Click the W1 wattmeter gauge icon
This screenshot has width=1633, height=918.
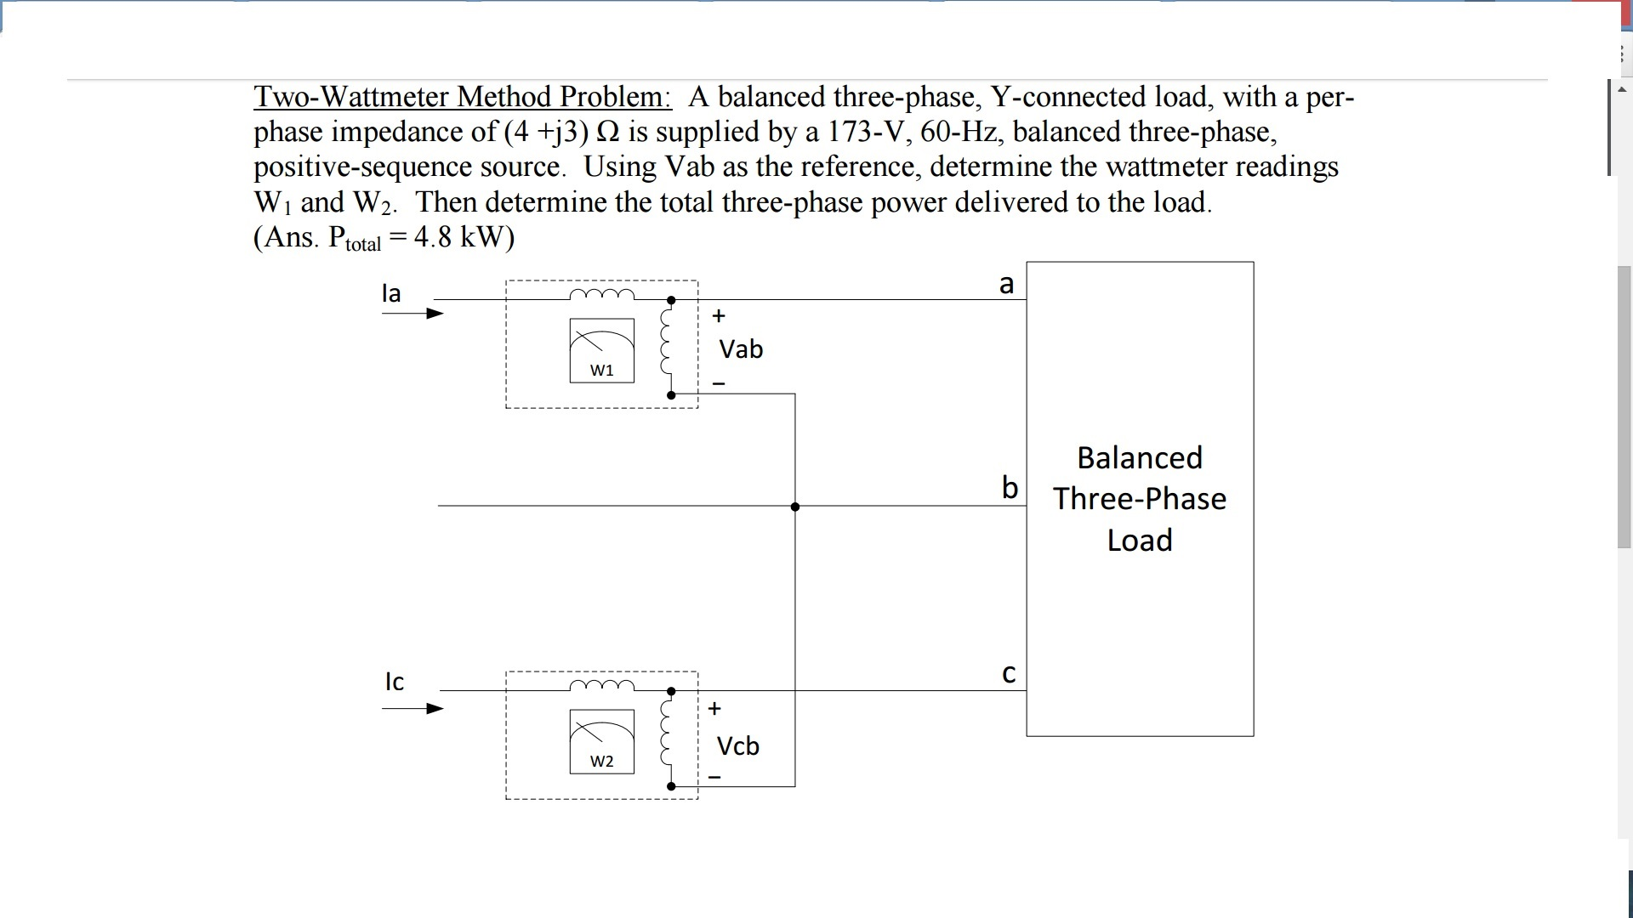point(601,349)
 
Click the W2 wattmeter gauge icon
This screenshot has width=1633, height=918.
point(601,740)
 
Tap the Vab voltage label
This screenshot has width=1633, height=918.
point(741,349)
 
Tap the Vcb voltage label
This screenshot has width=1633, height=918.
point(737,746)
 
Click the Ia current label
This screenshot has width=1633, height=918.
point(391,293)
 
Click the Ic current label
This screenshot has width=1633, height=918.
point(394,682)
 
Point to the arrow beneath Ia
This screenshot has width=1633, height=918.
point(413,314)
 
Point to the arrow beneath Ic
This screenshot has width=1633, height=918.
point(413,709)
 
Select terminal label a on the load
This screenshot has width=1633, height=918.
point(1007,284)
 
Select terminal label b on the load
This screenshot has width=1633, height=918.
point(1010,488)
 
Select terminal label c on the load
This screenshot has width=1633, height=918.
point(1009,674)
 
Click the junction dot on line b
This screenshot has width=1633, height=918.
point(795,507)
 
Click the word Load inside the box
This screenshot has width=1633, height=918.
point(1140,541)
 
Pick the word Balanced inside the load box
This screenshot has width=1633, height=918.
point(1140,458)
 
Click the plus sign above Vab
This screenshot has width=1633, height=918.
point(719,316)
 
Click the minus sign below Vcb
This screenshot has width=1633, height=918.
point(714,777)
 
